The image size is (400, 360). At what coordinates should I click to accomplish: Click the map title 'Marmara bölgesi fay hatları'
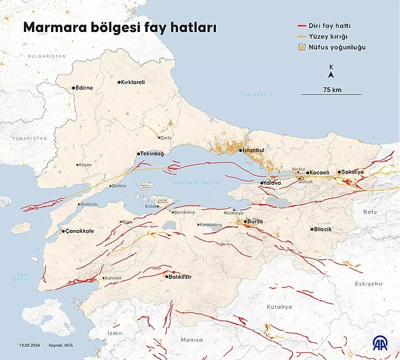point(120,28)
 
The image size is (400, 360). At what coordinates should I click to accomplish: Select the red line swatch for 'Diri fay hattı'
point(303,25)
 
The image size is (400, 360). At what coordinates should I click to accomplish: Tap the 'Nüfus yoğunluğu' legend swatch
point(303,47)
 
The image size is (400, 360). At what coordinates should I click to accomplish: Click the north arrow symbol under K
point(331,75)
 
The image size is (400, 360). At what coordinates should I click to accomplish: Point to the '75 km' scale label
point(331,89)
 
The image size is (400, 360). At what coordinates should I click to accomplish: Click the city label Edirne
point(85,87)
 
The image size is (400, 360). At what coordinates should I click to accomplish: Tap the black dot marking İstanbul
point(241,150)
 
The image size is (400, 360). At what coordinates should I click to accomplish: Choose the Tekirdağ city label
point(152,153)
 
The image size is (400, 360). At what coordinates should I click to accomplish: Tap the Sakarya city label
point(353,172)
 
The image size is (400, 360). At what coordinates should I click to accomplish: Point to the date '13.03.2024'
point(31,345)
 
